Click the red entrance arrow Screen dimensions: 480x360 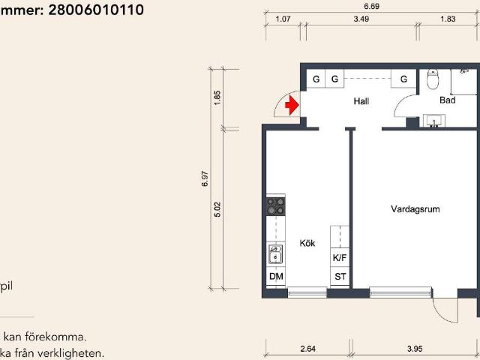[292, 105]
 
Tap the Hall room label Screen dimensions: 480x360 [361, 101]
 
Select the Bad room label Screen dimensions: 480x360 [447, 100]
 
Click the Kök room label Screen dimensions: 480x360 [307, 243]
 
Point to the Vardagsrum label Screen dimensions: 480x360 [415, 209]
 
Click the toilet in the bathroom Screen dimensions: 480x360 [433, 79]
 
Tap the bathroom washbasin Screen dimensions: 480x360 [433, 120]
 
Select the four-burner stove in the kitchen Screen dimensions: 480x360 [276, 206]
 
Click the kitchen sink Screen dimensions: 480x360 [275, 254]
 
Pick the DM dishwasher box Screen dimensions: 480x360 [276, 277]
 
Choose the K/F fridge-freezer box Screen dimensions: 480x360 [340, 257]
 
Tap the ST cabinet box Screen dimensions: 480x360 [340, 277]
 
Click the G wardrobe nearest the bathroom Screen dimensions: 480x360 [403, 79]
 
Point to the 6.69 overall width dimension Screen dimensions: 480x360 [372, 7]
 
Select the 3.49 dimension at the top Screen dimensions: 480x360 [361, 19]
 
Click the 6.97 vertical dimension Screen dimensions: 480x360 [205, 178]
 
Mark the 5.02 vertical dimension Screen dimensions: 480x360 [217, 209]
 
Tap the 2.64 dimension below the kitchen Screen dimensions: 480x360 [307, 349]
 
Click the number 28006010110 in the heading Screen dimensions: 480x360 [96, 10]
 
